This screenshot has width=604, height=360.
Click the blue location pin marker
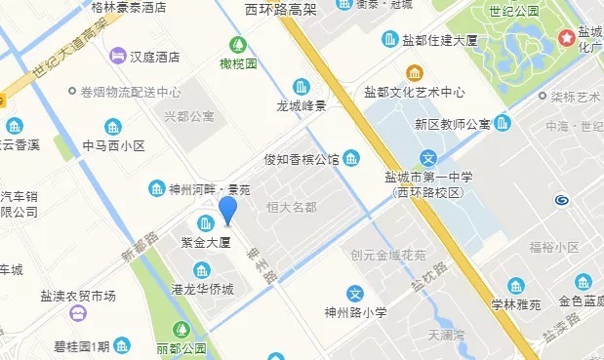point(227,210)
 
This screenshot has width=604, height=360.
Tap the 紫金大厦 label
point(205,241)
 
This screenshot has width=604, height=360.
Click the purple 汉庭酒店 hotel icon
point(118,56)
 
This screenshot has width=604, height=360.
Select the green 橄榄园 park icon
point(237,45)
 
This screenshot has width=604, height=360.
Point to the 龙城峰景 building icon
point(302,86)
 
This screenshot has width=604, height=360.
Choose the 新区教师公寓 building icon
point(503,123)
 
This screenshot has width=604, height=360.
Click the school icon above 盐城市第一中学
point(427,158)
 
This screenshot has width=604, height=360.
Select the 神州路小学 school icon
point(356,293)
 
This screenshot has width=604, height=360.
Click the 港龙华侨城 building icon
point(202,270)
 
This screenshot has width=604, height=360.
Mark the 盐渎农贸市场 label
point(78,296)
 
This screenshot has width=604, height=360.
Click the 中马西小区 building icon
point(113,127)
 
